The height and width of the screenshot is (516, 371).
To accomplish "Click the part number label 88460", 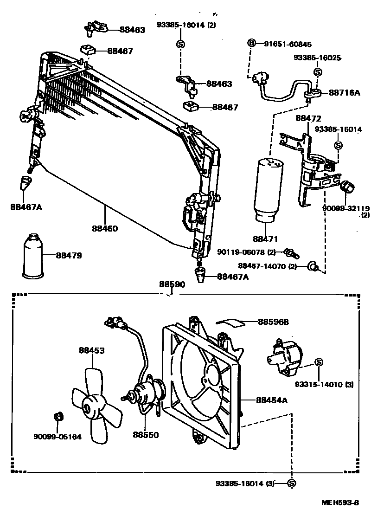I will (x=104, y=228).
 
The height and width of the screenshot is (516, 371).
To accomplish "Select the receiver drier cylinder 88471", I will (x=266, y=190).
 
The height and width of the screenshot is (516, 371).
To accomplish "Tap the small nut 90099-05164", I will (x=58, y=416).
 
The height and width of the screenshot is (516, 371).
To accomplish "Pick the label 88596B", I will (x=273, y=322).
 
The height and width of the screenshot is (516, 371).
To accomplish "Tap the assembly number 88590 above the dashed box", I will (x=172, y=284).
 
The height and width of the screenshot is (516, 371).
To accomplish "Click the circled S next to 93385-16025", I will (x=318, y=72).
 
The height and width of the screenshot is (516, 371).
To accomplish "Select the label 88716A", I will (x=344, y=93).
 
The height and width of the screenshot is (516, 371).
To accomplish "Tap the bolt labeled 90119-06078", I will (x=291, y=252).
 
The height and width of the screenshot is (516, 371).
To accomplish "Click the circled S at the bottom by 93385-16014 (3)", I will (x=292, y=484).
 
